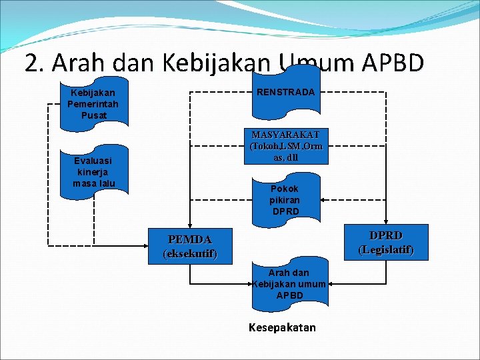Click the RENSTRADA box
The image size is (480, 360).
(x=285, y=92)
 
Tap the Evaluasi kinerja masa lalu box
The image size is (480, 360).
(x=94, y=172)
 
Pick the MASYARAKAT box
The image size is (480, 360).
(x=285, y=146)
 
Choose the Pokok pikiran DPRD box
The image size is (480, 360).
(x=285, y=199)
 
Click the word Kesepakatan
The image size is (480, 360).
(x=282, y=327)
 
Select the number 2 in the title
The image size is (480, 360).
(x=31, y=63)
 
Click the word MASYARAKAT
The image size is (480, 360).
(x=285, y=135)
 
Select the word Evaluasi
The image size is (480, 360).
(x=93, y=161)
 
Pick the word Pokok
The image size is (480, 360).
(x=285, y=189)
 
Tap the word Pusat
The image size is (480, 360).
(x=93, y=115)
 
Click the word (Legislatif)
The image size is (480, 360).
(x=385, y=250)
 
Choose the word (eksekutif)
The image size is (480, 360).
(x=190, y=254)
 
